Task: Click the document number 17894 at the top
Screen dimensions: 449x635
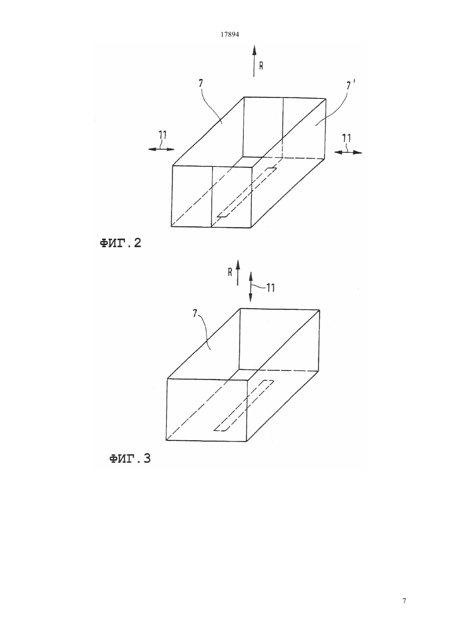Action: click(x=229, y=35)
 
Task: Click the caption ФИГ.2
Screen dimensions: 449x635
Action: click(x=120, y=243)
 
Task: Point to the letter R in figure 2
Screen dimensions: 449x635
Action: click(x=261, y=66)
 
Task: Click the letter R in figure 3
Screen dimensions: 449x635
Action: click(x=230, y=273)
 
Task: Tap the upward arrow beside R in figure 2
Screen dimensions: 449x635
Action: click(x=254, y=61)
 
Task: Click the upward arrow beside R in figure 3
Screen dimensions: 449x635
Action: click(x=238, y=272)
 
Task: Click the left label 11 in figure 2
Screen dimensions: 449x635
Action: click(x=163, y=135)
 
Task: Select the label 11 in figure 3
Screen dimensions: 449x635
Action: click(x=271, y=289)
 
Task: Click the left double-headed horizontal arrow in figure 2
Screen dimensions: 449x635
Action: click(x=161, y=149)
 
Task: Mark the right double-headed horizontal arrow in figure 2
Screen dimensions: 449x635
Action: click(x=348, y=153)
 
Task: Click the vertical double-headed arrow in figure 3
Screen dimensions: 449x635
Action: click(x=251, y=286)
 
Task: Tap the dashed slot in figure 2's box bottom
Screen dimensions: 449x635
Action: click(x=246, y=193)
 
